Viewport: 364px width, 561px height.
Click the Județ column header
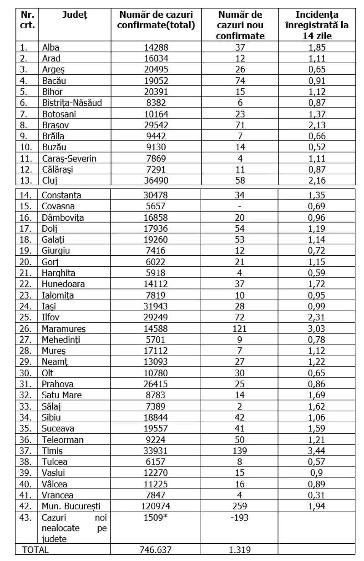point(75,15)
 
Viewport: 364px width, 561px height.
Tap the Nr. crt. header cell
point(27,20)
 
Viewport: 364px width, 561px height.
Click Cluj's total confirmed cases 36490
point(156,181)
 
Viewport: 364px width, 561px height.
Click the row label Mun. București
point(71,506)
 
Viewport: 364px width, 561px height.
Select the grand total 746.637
point(156,550)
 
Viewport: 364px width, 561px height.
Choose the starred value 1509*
point(156,517)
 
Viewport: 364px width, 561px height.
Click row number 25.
point(27,318)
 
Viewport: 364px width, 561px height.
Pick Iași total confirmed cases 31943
point(156,306)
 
